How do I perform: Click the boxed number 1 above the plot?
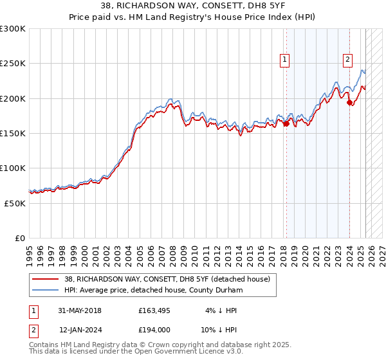tap(284, 60)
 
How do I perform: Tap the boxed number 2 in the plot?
tap(347, 60)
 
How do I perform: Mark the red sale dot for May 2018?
tap(286, 124)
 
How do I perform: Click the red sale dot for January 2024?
tap(349, 102)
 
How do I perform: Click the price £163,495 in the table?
tap(154, 310)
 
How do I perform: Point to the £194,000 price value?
tap(154, 329)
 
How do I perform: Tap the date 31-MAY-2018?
tap(80, 310)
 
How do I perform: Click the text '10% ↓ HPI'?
tap(218, 329)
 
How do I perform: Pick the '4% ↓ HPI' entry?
tap(221, 310)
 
